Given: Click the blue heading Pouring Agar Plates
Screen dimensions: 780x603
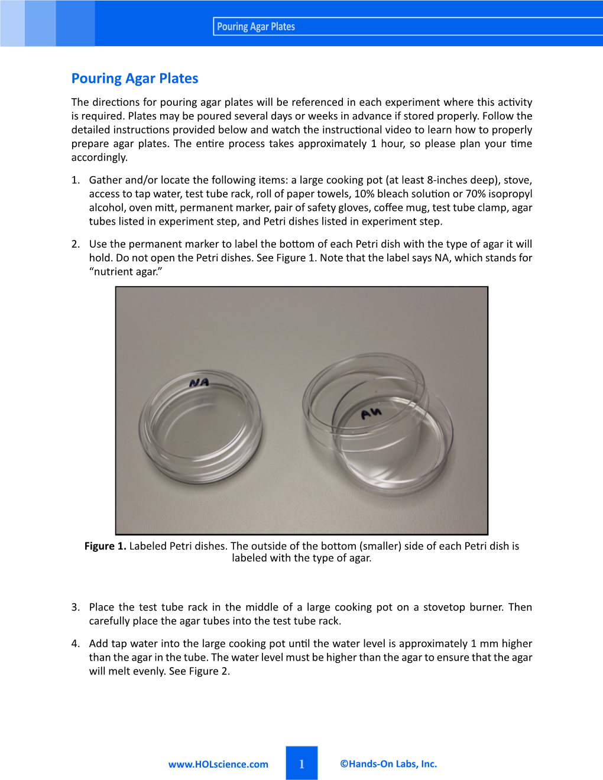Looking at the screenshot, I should [x=135, y=79].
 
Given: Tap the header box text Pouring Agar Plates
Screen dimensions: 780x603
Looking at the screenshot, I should [x=256, y=27].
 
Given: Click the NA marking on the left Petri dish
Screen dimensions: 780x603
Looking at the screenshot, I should [x=199, y=383].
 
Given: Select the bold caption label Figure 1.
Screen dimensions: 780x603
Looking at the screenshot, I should [x=105, y=546].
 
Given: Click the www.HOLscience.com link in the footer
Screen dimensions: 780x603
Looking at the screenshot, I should [x=218, y=764].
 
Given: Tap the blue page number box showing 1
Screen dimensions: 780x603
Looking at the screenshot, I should [x=301, y=763].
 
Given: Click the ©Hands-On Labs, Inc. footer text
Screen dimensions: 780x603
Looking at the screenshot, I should [x=388, y=763].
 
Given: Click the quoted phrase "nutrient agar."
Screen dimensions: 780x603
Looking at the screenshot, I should [x=126, y=272].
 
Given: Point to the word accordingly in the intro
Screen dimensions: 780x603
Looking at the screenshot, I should [x=99, y=158].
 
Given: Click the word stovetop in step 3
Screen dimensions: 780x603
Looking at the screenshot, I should [x=444, y=607].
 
